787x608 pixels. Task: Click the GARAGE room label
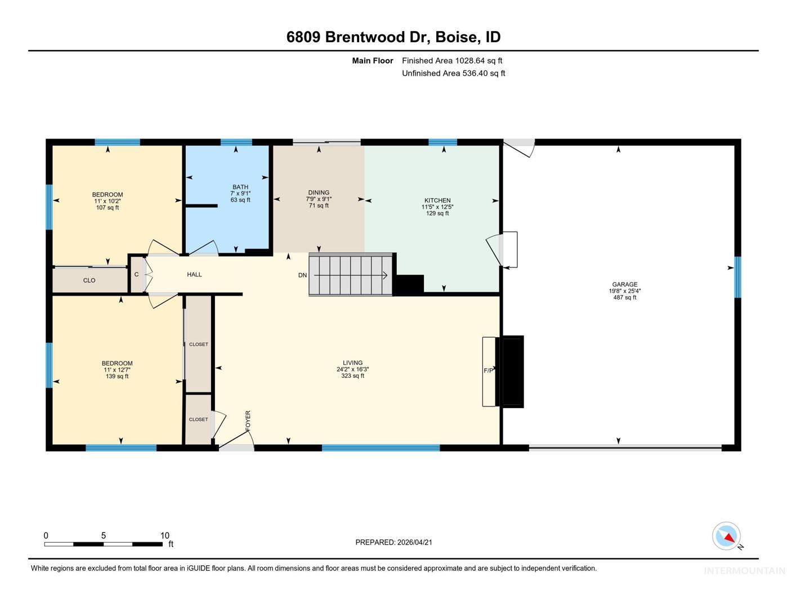tap(624, 284)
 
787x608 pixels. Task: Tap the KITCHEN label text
tap(437, 200)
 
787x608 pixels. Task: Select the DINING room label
tap(319, 193)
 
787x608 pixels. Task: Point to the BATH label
tap(240, 187)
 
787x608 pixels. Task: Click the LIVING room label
tap(352, 363)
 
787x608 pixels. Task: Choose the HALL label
tap(194, 275)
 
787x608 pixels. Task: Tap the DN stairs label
tap(302, 275)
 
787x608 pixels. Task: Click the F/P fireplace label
tap(489, 370)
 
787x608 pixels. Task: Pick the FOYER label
tap(248, 421)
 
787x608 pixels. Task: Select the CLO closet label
tap(89, 280)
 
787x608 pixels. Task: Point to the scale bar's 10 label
tap(165, 535)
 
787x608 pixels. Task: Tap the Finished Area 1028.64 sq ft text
tap(452, 61)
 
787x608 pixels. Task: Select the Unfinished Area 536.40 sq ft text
tap(453, 73)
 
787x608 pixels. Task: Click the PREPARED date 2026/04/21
tap(414, 543)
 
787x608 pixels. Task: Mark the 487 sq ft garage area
tap(624, 297)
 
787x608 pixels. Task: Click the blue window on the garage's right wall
tap(738, 277)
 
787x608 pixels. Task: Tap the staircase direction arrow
tap(351, 276)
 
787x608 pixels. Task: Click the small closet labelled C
tap(137, 275)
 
